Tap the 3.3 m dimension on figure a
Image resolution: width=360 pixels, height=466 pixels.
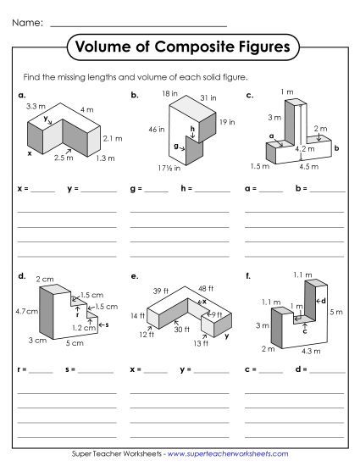[x=36, y=106]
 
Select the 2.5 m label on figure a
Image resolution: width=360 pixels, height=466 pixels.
[x=64, y=158]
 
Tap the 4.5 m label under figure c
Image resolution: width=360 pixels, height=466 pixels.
[x=310, y=166]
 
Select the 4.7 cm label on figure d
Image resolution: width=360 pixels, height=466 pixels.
[x=25, y=311]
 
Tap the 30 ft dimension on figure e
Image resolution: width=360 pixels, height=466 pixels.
[x=181, y=330]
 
